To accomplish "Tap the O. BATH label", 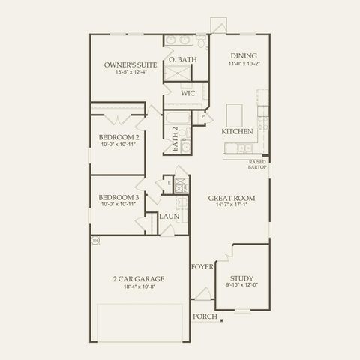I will point(182,59).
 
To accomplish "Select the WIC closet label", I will point(187,94).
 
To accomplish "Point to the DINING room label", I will point(244,55).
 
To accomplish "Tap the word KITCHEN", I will point(237,131).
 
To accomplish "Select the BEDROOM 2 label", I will point(118,137).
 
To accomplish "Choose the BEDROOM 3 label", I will point(118,198).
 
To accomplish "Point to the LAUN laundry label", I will point(168,217).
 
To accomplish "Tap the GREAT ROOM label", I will point(232,198).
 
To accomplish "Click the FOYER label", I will point(202,266).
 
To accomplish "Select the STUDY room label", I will point(241,277).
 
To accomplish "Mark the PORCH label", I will point(205,316).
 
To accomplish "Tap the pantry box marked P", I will point(202,117).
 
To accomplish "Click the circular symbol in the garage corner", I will point(95,240).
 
